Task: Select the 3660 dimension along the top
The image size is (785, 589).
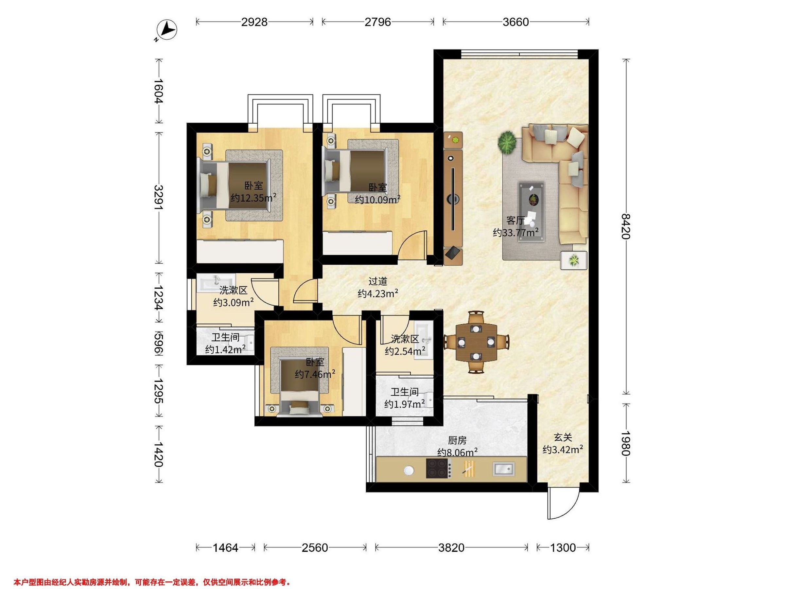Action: pyautogui.click(x=515, y=22)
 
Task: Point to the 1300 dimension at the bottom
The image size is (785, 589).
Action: pyautogui.click(x=563, y=548)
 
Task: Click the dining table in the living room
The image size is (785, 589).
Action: pyautogui.click(x=476, y=342)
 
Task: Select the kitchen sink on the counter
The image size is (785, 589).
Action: pyautogui.click(x=503, y=469)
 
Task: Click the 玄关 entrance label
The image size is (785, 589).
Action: pyautogui.click(x=563, y=437)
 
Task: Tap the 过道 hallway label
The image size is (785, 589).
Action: pyautogui.click(x=377, y=281)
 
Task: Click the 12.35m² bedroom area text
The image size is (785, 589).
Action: pyautogui.click(x=253, y=198)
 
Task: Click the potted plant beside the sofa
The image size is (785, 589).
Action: pyautogui.click(x=507, y=142)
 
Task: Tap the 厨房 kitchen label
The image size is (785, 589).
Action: pyautogui.click(x=457, y=440)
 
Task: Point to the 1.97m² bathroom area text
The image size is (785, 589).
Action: pyautogui.click(x=405, y=404)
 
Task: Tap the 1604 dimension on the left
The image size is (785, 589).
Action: pyautogui.click(x=158, y=91)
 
